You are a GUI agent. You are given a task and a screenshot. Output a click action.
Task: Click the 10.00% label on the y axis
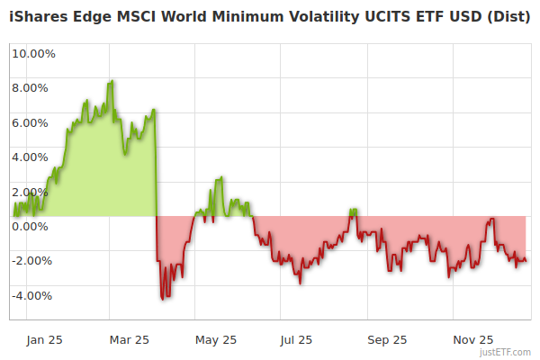[32, 53]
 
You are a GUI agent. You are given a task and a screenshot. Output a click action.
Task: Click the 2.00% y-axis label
[30, 192]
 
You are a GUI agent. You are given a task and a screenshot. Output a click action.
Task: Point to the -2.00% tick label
[33, 261]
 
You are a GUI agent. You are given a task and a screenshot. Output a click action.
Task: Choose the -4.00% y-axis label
[33, 295]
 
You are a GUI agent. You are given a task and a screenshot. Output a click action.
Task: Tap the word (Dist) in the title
[508, 19]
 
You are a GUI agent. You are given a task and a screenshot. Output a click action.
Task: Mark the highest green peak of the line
[111, 82]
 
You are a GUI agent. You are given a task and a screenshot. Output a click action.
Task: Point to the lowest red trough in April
[162, 298]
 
